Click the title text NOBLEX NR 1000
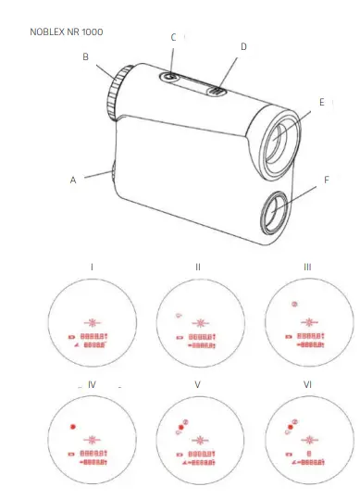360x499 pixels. point(68,31)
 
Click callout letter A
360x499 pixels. point(73,181)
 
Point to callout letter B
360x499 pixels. point(85,57)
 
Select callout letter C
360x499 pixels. point(173,37)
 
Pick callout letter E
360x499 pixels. point(322,102)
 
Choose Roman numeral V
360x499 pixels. point(198,383)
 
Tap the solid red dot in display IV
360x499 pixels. point(71,427)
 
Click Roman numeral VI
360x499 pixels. point(307,383)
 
